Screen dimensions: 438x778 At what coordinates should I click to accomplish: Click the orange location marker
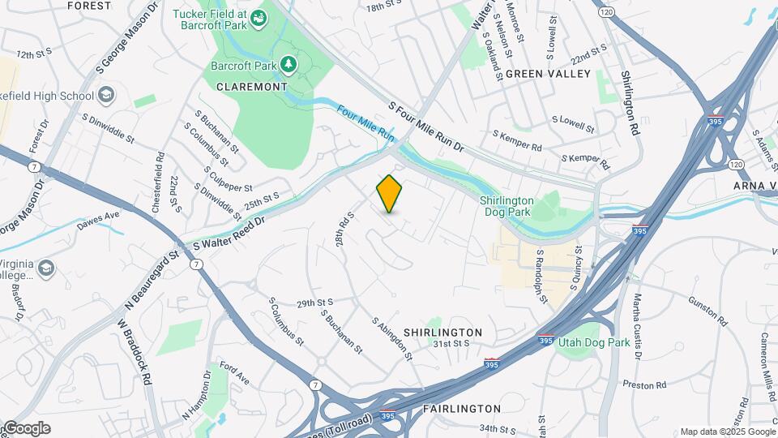tap(390, 194)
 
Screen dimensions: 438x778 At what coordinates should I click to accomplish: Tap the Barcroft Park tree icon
tap(288, 64)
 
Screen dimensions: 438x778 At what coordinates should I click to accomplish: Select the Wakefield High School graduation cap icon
tap(105, 96)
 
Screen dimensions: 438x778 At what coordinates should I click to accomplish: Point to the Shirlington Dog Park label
tap(507, 206)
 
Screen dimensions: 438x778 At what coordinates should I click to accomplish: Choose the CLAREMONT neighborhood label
tap(252, 86)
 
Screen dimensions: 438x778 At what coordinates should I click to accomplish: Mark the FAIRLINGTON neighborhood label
tap(461, 409)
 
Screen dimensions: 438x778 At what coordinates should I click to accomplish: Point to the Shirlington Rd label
tap(631, 103)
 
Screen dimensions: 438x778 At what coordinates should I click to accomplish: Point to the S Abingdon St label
tap(392, 339)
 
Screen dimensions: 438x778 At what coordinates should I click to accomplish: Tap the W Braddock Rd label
tap(135, 351)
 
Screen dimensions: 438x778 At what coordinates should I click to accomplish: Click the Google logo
tap(26, 428)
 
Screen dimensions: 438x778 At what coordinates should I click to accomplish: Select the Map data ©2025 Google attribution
tap(727, 432)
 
